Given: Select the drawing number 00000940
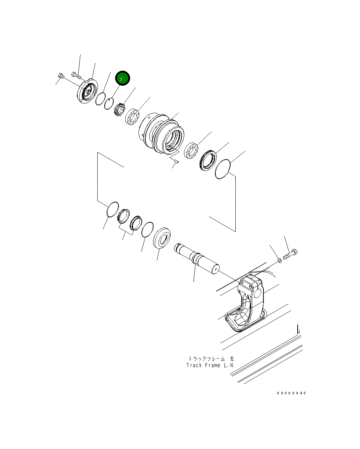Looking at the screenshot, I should [x=291, y=393].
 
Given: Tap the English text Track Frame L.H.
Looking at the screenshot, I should [x=210, y=365].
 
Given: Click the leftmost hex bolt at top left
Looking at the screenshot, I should [x=61, y=77].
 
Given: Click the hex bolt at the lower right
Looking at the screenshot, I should [x=290, y=254].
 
